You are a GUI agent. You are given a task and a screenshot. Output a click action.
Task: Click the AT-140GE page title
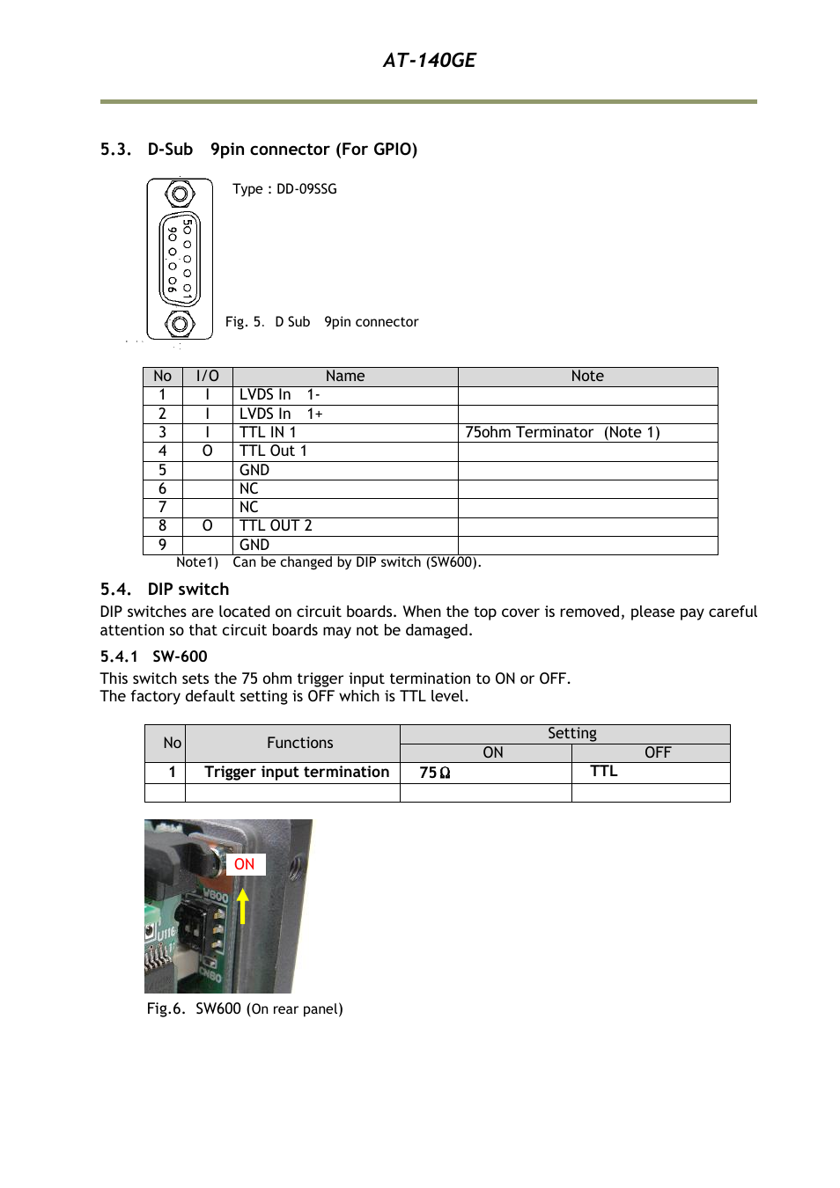(429, 60)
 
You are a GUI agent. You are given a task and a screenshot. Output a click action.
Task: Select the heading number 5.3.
(115, 150)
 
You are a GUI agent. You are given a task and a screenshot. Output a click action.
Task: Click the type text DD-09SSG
(306, 189)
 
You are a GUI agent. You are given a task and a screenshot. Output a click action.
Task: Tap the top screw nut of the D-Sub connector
(180, 194)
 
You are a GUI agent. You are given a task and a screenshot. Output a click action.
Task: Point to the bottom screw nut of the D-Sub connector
(180, 324)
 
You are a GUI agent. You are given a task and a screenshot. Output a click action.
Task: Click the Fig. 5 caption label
(244, 322)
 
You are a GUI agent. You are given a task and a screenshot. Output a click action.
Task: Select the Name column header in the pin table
(344, 377)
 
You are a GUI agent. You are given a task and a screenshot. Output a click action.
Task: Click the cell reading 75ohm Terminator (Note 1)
(562, 432)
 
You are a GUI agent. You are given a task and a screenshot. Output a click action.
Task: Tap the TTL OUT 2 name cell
(276, 525)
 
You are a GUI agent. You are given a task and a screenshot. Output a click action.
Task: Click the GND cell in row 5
(254, 470)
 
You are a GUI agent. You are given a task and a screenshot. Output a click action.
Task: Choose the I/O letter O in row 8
(207, 525)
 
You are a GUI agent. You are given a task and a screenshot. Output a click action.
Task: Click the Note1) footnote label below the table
(197, 562)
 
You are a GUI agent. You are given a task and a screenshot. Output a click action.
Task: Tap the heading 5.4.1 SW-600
(154, 656)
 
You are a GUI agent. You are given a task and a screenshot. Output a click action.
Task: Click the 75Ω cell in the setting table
(435, 773)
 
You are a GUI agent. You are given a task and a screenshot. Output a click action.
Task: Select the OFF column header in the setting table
(657, 753)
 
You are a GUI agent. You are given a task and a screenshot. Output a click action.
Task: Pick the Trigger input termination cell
(297, 772)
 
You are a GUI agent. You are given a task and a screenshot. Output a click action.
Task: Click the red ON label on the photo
(245, 864)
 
